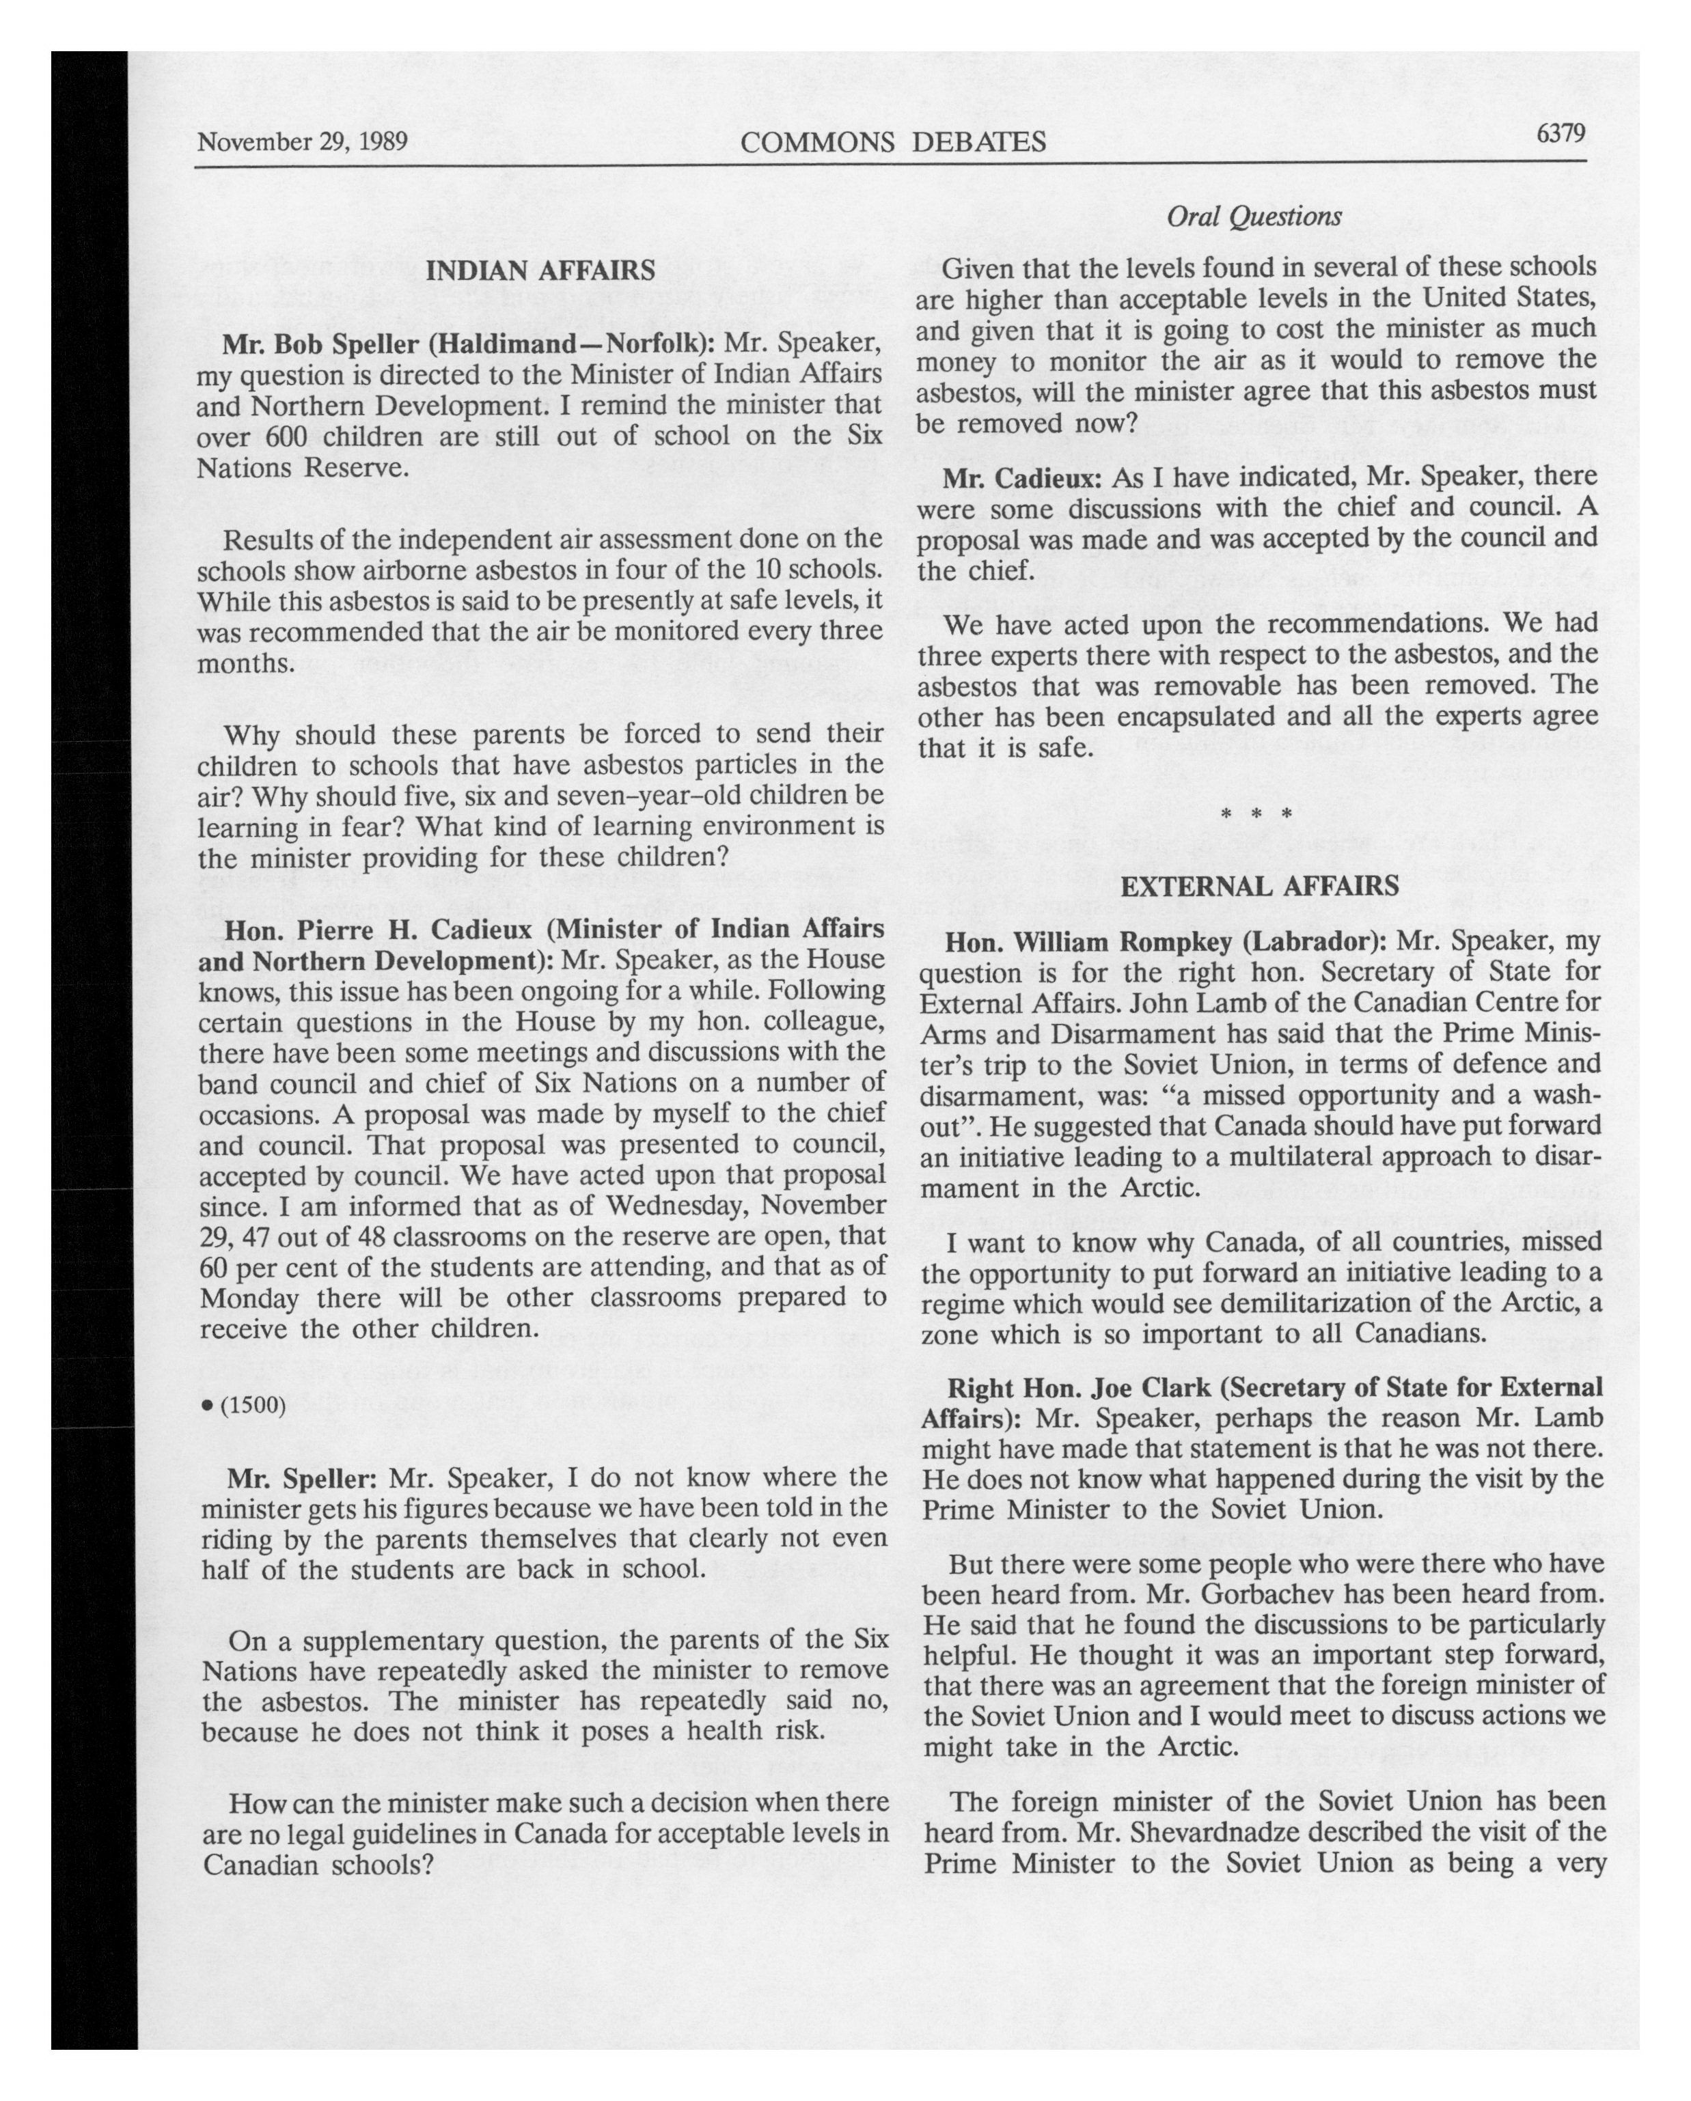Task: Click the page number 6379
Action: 1561,133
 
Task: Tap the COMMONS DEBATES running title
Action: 893,143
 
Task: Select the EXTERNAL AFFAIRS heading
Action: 1259,887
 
